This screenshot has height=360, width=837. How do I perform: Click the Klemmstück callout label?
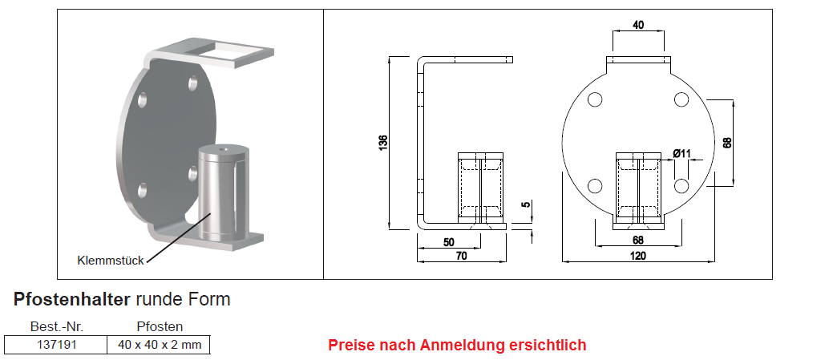tap(111, 261)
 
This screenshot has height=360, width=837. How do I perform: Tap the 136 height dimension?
tap(383, 143)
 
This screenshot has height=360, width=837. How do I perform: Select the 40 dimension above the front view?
tap(638, 25)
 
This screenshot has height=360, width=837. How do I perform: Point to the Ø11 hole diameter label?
tap(681, 154)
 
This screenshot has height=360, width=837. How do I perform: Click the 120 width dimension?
tap(638, 256)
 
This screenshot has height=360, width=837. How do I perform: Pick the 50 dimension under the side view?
tap(448, 242)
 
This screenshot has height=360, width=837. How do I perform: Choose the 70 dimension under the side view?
tap(461, 256)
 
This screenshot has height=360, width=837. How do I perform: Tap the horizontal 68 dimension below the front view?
tap(638, 240)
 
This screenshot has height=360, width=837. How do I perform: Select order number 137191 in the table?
tap(57, 345)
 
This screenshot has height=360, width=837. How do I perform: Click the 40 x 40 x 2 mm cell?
tap(160, 345)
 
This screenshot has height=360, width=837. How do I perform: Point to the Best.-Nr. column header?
tap(57, 327)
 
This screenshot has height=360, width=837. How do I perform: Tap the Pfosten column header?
tap(160, 327)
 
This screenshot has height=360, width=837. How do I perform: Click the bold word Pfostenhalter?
tap(71, 299)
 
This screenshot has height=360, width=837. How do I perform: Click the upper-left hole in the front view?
tap(595, 99)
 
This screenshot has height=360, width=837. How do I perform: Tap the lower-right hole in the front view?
tap(681, 185)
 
